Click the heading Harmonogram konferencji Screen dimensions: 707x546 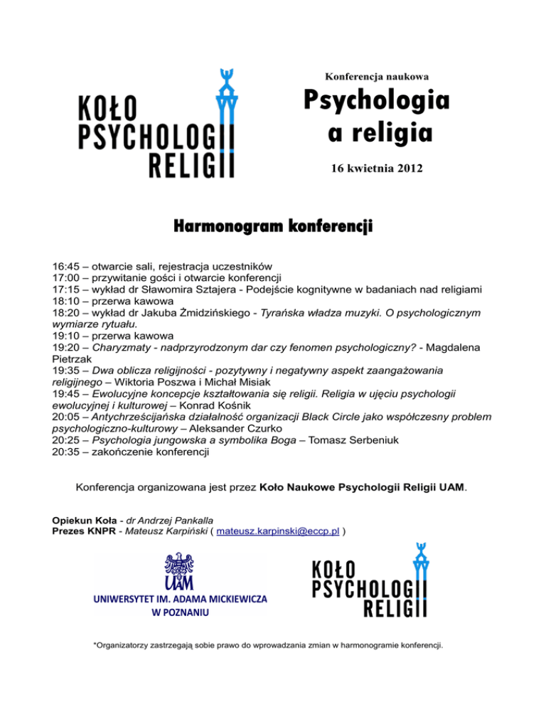[x=273, y=227]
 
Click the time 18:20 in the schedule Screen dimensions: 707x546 [x=67, y=312]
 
